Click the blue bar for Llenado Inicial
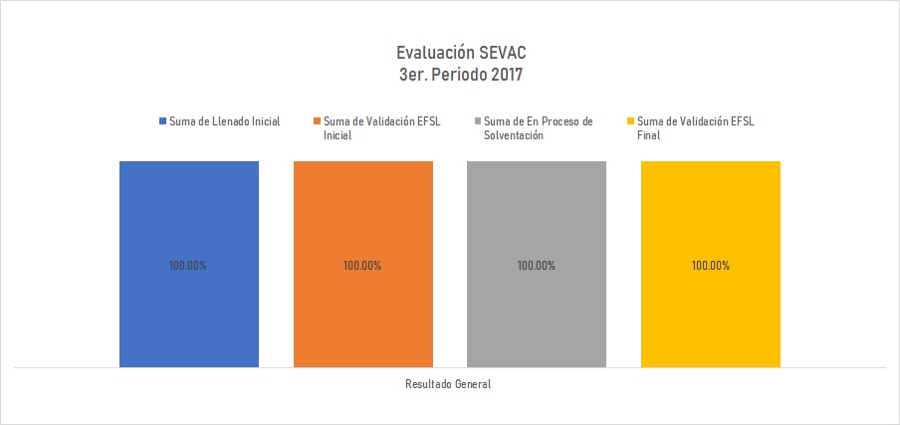pos(189,219)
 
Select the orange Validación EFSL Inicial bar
pos(362,219)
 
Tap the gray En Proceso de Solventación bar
pos(537,219)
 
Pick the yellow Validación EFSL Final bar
pos(710,219)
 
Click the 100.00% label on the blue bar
pos(189,266)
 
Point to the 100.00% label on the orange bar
pos(362,266)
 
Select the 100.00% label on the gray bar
pos(537,266)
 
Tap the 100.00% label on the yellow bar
pos(710,266)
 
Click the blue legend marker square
pos(163,121)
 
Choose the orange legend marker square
pos(317,121)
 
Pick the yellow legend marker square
pos(629,121)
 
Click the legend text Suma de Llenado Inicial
pos(224,121)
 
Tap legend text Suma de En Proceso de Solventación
pos(538,128)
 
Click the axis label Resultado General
pos(449,384)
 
